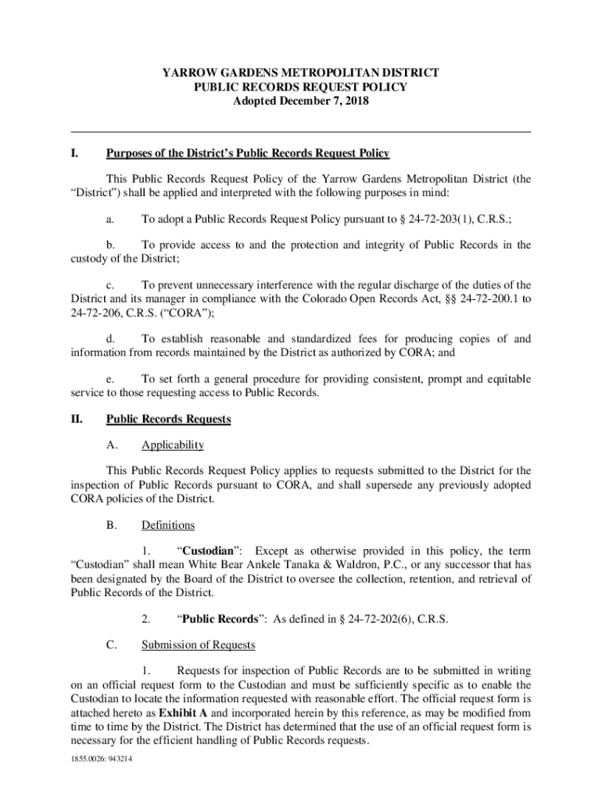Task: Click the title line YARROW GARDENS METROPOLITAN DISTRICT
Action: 300,73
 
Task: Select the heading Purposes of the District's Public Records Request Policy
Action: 248,153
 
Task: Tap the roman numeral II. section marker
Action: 77,420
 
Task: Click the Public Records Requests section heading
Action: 168,420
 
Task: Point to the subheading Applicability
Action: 173,445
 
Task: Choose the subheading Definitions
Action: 168,525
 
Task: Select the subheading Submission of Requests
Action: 198,645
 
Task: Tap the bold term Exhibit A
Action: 183,713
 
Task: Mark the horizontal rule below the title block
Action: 300,131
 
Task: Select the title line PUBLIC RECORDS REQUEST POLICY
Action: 300,87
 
